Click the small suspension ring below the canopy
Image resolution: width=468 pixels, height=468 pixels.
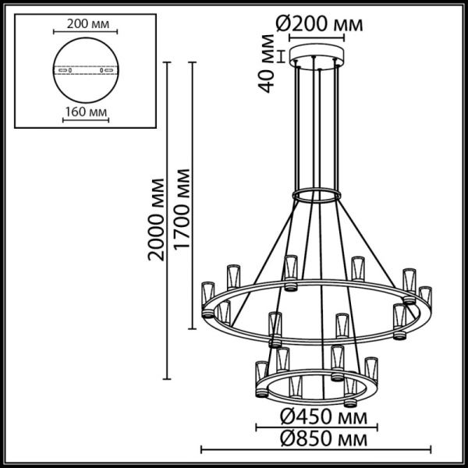coord(316,193)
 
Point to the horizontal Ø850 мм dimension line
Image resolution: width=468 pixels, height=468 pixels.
coord(316,449)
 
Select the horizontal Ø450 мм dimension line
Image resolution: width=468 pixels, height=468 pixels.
coord(316,426)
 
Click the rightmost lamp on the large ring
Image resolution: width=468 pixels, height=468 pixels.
coord(424,300)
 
